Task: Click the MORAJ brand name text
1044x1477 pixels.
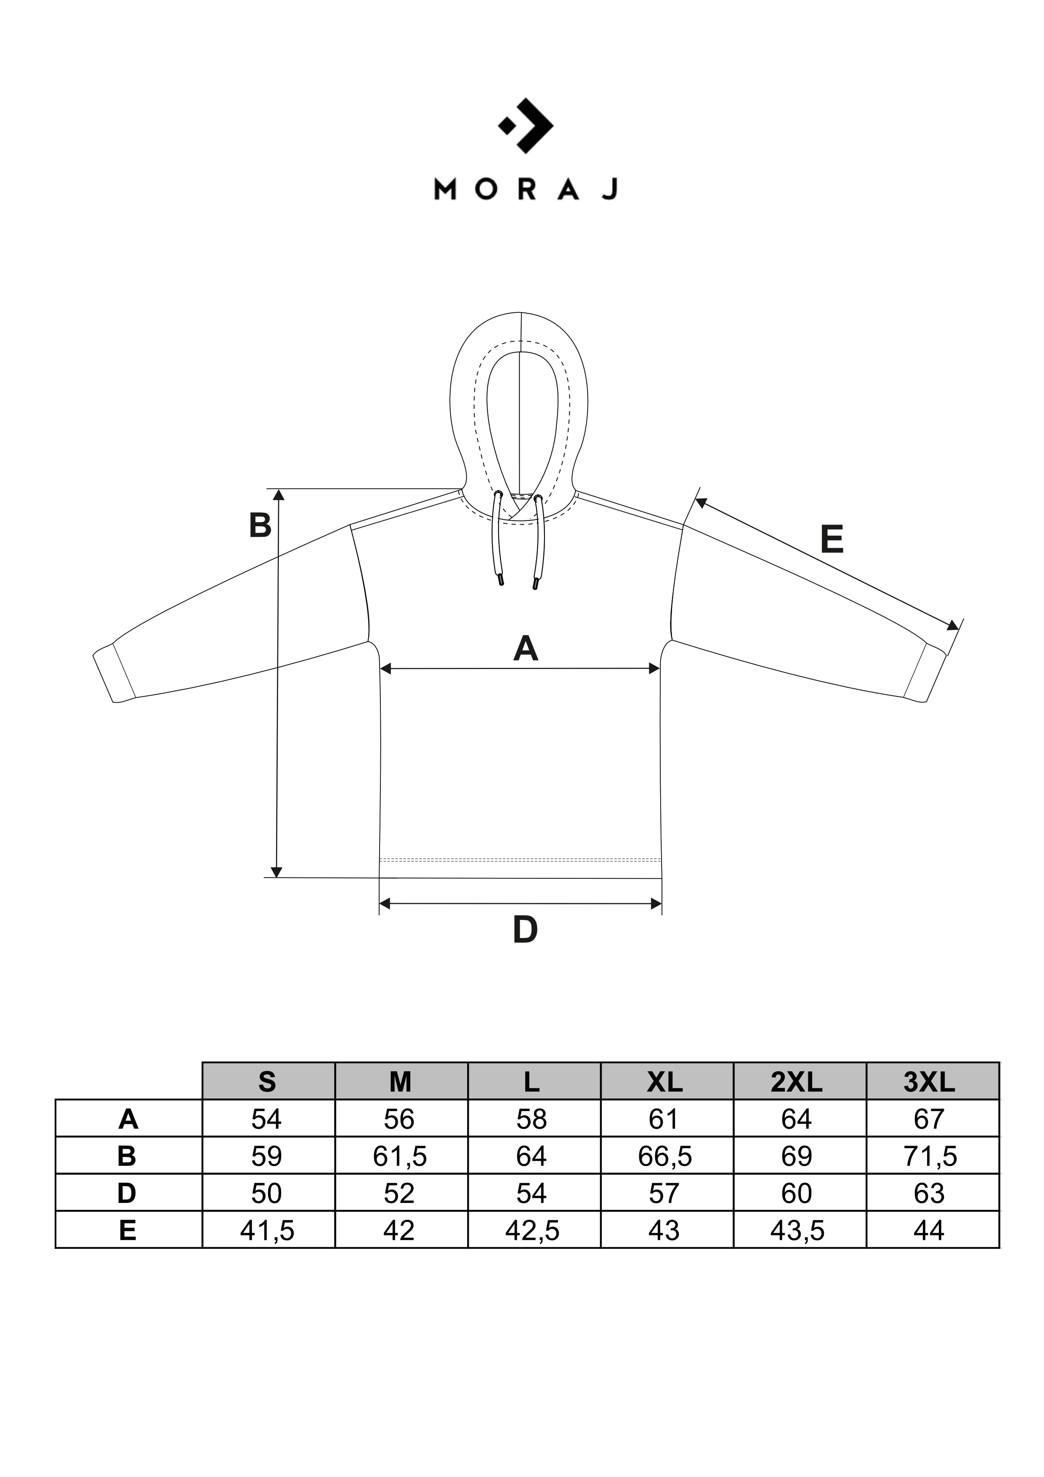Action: tap(526, 189)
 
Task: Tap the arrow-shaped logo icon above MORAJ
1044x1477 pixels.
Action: tap(526, 125)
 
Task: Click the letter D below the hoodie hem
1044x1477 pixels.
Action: tap(525, 930)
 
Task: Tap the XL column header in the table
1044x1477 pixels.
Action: tap(665, 1082)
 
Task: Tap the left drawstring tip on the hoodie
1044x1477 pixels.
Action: tap(499, 580)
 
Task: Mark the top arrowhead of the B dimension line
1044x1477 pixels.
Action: tap(278, 495)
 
